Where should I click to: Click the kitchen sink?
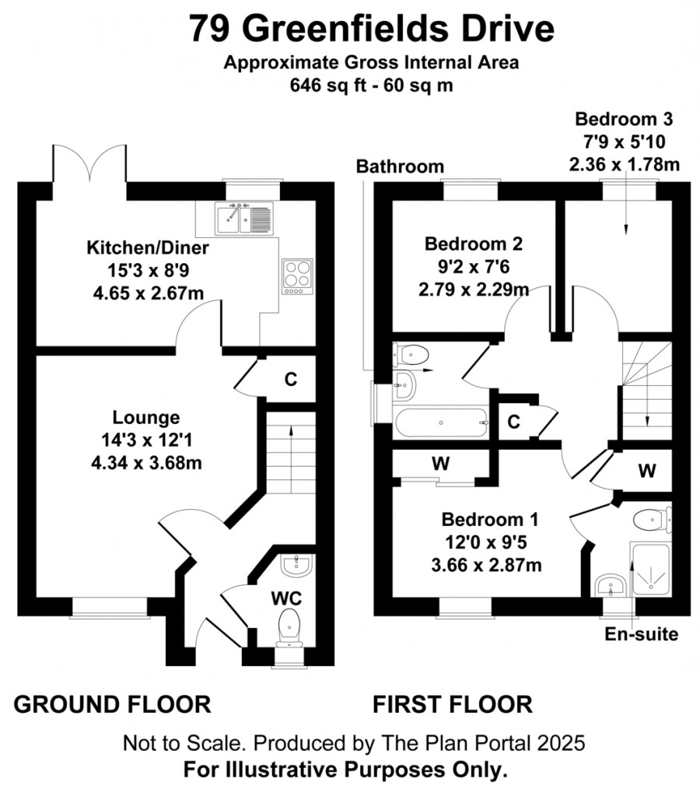point(244,219)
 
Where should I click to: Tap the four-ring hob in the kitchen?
point(297,276)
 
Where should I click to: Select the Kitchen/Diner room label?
point(148,247)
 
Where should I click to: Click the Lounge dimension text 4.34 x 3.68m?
point(146,463)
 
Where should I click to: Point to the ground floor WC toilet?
point(289,627)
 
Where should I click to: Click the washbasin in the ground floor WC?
point(298,566)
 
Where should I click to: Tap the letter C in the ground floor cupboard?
point(291,379)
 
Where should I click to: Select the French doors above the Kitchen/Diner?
point(89,163)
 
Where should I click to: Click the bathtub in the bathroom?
point(442,423)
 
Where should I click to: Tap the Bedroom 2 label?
point(474,244)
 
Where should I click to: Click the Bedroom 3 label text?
point(624,119)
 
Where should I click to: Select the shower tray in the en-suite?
point(650,570)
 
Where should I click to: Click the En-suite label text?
point(641,634)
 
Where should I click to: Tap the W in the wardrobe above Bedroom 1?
point(441,464)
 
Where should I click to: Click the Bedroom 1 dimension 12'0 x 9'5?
point(486,542)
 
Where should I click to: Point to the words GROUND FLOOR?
point(112,704)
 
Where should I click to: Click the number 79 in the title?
point(210,28)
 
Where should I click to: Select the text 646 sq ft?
point(330,85)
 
